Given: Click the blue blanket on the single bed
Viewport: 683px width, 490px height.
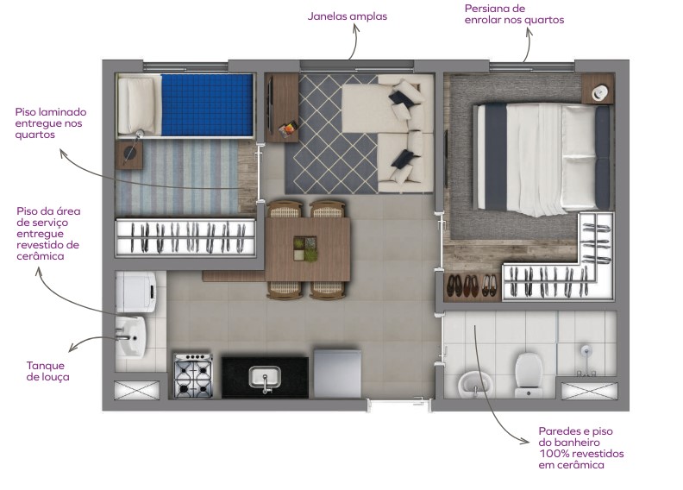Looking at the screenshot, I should point(207,104).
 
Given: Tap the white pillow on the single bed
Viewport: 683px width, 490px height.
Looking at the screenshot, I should point(138,105).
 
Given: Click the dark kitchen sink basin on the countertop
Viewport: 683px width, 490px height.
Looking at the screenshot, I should point(264,377).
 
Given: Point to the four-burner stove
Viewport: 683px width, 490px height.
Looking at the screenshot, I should point(194,376).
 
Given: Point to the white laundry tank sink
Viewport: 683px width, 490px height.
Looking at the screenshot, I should point(132,335).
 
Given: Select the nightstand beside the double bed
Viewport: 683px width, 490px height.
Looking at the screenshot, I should point(597,88).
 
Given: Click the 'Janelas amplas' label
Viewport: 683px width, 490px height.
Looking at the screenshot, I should point(348,16).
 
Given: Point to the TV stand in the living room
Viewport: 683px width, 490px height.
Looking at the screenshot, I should point(282,107).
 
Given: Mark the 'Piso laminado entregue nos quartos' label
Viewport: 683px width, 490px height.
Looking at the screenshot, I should point(50,123).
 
